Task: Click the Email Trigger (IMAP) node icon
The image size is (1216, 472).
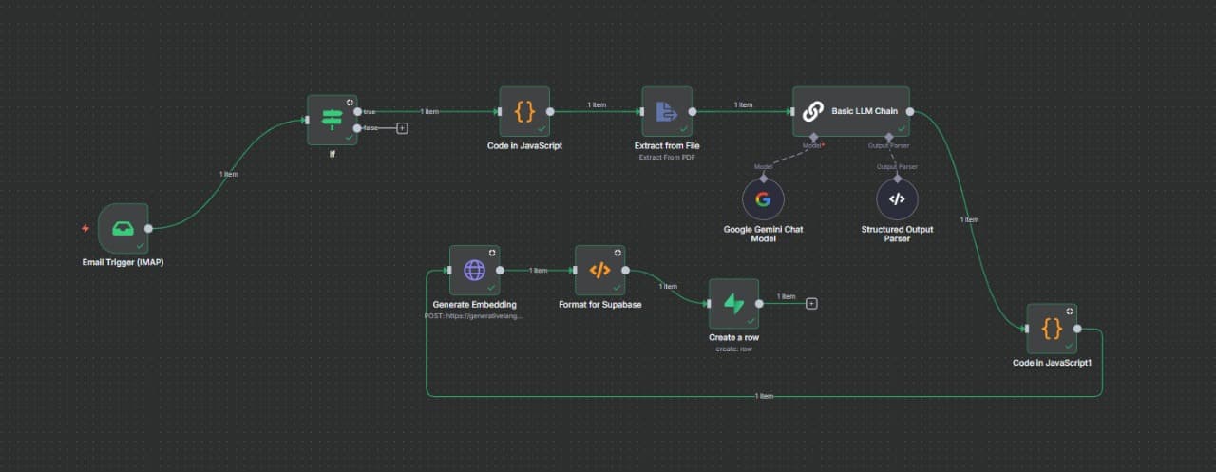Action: pos(123,228)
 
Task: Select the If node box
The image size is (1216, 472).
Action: pos(332,120)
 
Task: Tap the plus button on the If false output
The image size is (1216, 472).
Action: pos(402,128)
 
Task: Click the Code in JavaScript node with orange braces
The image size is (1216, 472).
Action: pos(524,112)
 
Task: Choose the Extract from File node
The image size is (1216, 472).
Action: pos(666,112)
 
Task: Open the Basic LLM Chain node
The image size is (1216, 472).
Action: pos(851,112)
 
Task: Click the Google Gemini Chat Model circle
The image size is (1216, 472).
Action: pos(763,199)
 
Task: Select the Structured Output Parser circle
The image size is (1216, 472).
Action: pos(897,199)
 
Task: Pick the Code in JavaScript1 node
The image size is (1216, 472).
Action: pos(1052,329)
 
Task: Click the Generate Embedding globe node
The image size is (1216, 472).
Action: pos(474,271)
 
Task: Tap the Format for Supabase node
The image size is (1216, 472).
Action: pos(600,271)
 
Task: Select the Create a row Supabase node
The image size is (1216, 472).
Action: pos(733,304)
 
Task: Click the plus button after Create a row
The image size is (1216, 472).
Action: pos(811,304)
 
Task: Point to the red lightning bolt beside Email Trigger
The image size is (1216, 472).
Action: pos(85,228)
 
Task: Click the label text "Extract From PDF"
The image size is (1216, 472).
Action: pos(666,157)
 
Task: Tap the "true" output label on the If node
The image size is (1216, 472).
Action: pos(370,112)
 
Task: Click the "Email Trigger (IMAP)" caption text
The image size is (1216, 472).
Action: pos(123,262)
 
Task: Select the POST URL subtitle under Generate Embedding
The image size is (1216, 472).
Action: pos(474,315)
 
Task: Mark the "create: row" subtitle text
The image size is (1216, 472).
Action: pos(733,349)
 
